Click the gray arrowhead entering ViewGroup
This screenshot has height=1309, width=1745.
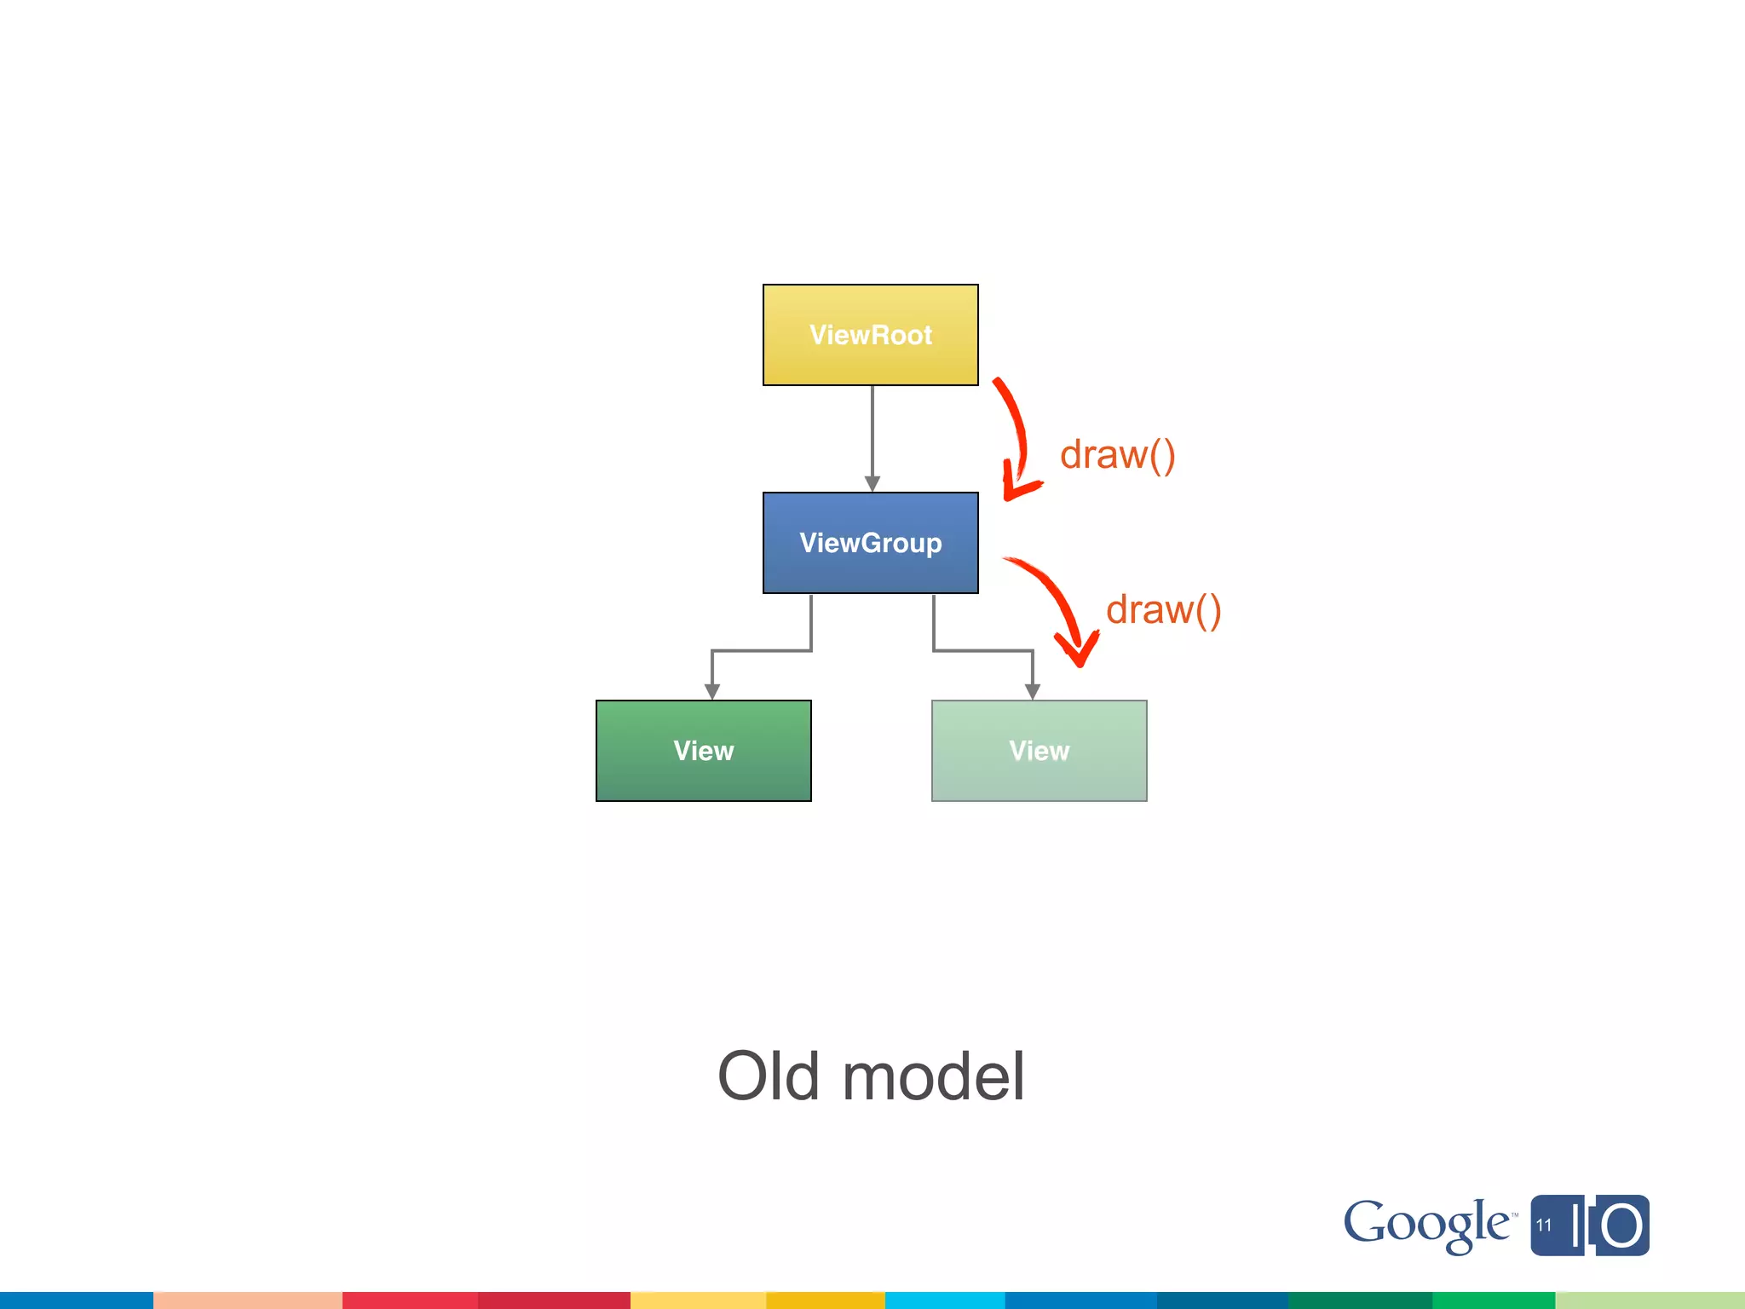pyautogui.click(x=872, y=483)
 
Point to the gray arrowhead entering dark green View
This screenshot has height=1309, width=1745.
pyautogui.click(x=712, y=691)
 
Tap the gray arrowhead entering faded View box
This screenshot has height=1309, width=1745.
pyautogui.click(x=1033, y=691)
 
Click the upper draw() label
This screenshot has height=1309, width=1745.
pyautogui.click(x=1117, y=455)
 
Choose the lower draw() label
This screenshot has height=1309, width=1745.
pyautogui.click(x=1163, y=610)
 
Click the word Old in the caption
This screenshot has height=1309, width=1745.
pyautogui.click(x=769, y=1076)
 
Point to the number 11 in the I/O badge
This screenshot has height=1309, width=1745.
pyautogui.click(x=1544, y=1225)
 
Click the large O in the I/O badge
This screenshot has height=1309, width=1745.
pyautogui.click(x=1621, y=1226)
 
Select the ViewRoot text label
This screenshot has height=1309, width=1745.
pyautogui.click(x=870, y=335)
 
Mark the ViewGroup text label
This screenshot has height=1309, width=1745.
pyautogui.click(x=870, y=543)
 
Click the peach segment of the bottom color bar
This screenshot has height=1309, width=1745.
pyautogui.click(x=247, y=1300)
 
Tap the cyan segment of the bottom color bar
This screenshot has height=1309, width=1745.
pyautogui.click(x=944, y=1300)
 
